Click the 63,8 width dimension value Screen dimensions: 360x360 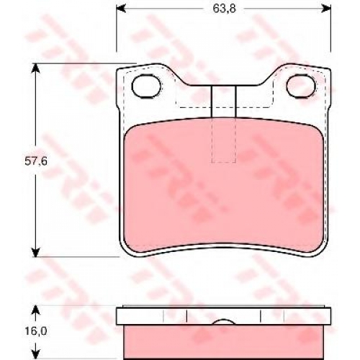(x=224, y=9)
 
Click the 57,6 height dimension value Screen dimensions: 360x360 (x=36, y=161)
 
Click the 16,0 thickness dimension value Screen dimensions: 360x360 (x=36, y=331)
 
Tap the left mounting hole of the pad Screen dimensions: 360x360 (x=146, y=86)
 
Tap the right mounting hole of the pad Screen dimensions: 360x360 (x=301, y=86)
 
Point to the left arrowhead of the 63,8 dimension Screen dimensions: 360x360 (x=121, y=9)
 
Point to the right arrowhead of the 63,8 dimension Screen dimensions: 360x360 (x=326, y=9)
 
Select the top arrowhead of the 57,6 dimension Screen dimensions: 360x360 (x=35, y=68)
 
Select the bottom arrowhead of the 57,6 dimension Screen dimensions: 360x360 (x=35, y=252)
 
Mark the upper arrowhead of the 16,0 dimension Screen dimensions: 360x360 (x=35, y=310)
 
